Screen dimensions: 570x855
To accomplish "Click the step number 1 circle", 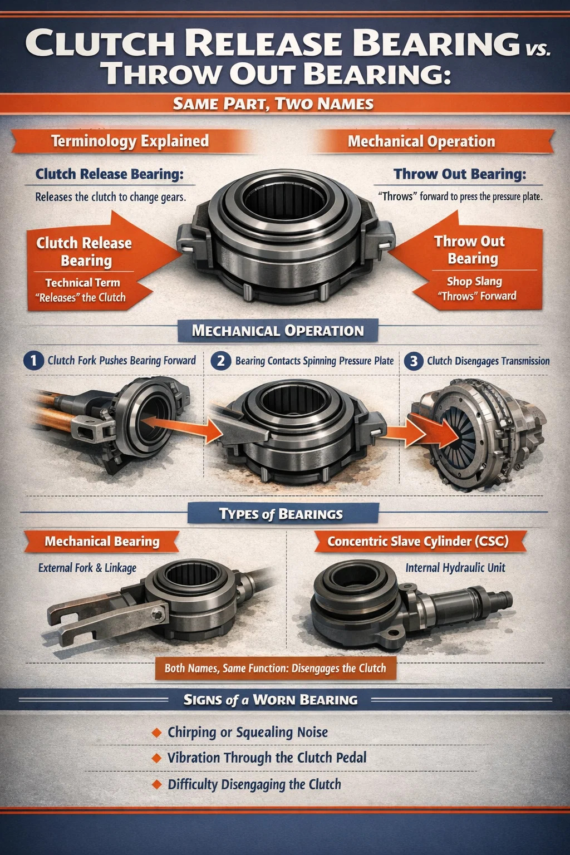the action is pos(33,361).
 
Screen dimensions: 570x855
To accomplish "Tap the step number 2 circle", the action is pos(220,361).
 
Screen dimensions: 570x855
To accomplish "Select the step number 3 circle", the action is pos(414,361).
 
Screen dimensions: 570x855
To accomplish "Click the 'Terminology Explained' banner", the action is pos(130,141).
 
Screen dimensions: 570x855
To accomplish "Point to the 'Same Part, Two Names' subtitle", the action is pos(273,104).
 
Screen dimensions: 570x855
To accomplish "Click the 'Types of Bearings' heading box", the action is pos(283,514).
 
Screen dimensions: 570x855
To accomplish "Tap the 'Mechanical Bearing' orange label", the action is pos(101,541).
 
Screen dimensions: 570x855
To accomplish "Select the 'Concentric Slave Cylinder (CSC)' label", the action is pos(418,541).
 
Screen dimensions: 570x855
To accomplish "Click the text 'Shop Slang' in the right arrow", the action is pos(475,281).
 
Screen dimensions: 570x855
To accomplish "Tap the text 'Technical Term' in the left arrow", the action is pos(82,282).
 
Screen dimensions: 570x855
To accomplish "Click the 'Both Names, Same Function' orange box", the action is pos(276,668).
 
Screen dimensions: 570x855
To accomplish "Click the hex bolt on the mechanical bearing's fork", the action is pos(158,615).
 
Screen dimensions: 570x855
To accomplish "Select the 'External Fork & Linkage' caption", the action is pos(87,568).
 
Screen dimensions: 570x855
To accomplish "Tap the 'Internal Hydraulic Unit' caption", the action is pos(455,568).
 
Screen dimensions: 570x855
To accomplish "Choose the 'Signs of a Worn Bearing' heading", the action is pos(271,700).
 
